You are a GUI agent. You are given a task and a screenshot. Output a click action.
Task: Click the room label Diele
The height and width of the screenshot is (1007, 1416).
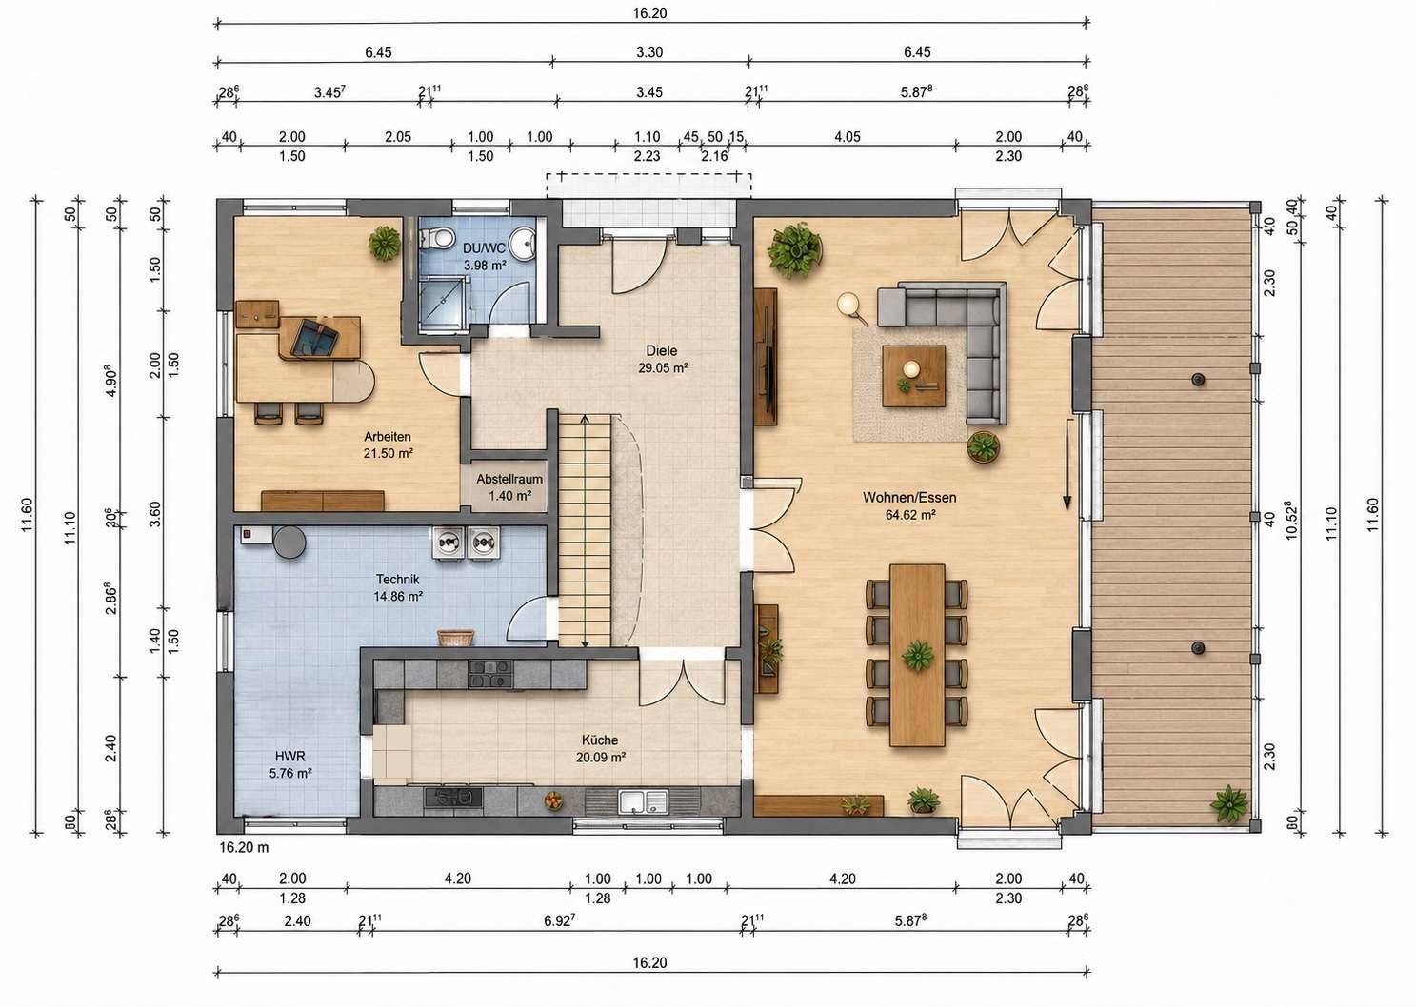pyautogui.click(x=661, y=350)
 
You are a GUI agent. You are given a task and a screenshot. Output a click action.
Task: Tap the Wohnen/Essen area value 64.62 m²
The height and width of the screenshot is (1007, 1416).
pyautogui.click(x=910, y=515)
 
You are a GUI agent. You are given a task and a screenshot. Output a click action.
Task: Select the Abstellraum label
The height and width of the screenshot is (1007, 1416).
pyautogui.click(x=509, y=479)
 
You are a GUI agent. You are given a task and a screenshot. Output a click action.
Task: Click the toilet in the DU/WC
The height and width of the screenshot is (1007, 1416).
pyautogui.click(x=436, y=238)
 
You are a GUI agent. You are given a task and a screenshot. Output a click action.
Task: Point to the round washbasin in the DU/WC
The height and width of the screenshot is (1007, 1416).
pyautogui.click(x=524, y=244)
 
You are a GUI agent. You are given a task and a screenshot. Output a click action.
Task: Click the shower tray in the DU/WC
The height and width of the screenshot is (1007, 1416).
pyautogui.click(x=446, y=305)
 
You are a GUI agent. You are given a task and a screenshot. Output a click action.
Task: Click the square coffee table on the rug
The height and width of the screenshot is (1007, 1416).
pyautogui.click(x=914, y=376)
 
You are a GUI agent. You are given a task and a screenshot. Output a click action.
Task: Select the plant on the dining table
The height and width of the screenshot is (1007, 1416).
pyautogui.click(x=917, y=655)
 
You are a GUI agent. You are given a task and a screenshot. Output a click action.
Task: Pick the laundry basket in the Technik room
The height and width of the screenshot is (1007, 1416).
pyautogui.click(x=455, y=638)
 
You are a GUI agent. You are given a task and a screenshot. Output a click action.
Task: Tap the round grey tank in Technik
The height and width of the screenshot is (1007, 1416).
pyautogui.click(x=289, y=542)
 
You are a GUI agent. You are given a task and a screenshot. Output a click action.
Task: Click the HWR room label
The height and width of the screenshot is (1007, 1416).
pyautogui.click(x=290, y=756)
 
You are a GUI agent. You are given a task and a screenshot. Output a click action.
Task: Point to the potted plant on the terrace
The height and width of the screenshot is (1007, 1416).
pyautogui.click(x=1229, y=803)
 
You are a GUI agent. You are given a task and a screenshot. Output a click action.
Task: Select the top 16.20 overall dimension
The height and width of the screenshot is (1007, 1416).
pyautogui.click(x=649, y=13)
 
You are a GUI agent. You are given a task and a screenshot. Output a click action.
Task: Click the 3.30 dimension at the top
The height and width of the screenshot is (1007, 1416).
pyautogui.click(x=649, y=52)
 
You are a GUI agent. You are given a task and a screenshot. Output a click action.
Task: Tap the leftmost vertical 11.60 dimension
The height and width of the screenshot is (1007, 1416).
pyautogui.click(x=28, y=515)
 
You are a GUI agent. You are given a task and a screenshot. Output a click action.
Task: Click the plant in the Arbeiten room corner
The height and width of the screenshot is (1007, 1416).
pyautogui.click(x=385, y=244)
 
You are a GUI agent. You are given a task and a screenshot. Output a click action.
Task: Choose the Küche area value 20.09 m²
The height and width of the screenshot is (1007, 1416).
pyautogui.click(x=601, y=758)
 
